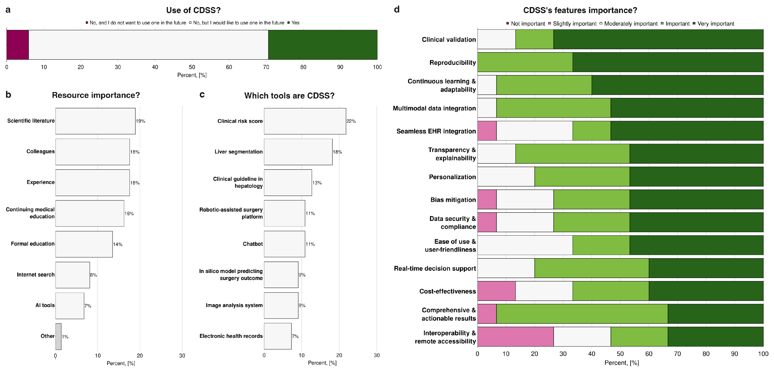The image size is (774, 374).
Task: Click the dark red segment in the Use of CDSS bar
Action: point(17,45)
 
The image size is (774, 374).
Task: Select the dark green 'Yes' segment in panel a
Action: point(322,45)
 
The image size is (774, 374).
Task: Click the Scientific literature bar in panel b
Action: point(95,121)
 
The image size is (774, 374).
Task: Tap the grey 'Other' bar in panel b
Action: point(58,336)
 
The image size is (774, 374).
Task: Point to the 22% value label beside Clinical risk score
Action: point(351,121)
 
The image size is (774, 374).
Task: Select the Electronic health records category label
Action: point(231,336)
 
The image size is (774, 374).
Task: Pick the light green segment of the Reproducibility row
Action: point(525,62)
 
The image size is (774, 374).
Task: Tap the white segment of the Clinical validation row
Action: point(496,39)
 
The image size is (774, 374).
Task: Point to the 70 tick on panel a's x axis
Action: point(266,67)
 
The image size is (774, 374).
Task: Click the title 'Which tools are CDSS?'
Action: point(289,96)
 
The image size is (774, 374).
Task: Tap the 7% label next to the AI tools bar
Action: point(88,306)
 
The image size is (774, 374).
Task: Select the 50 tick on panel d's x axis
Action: point(620,354)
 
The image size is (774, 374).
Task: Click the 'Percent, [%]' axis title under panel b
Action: point(121,363)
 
